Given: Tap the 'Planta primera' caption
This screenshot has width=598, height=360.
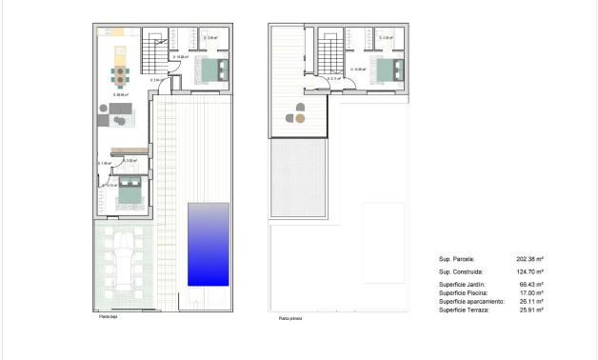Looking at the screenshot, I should click(290, 319).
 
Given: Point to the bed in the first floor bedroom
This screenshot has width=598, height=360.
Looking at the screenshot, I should click(388, 69).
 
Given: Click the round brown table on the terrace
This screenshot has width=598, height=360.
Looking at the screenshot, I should click(299, 119).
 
